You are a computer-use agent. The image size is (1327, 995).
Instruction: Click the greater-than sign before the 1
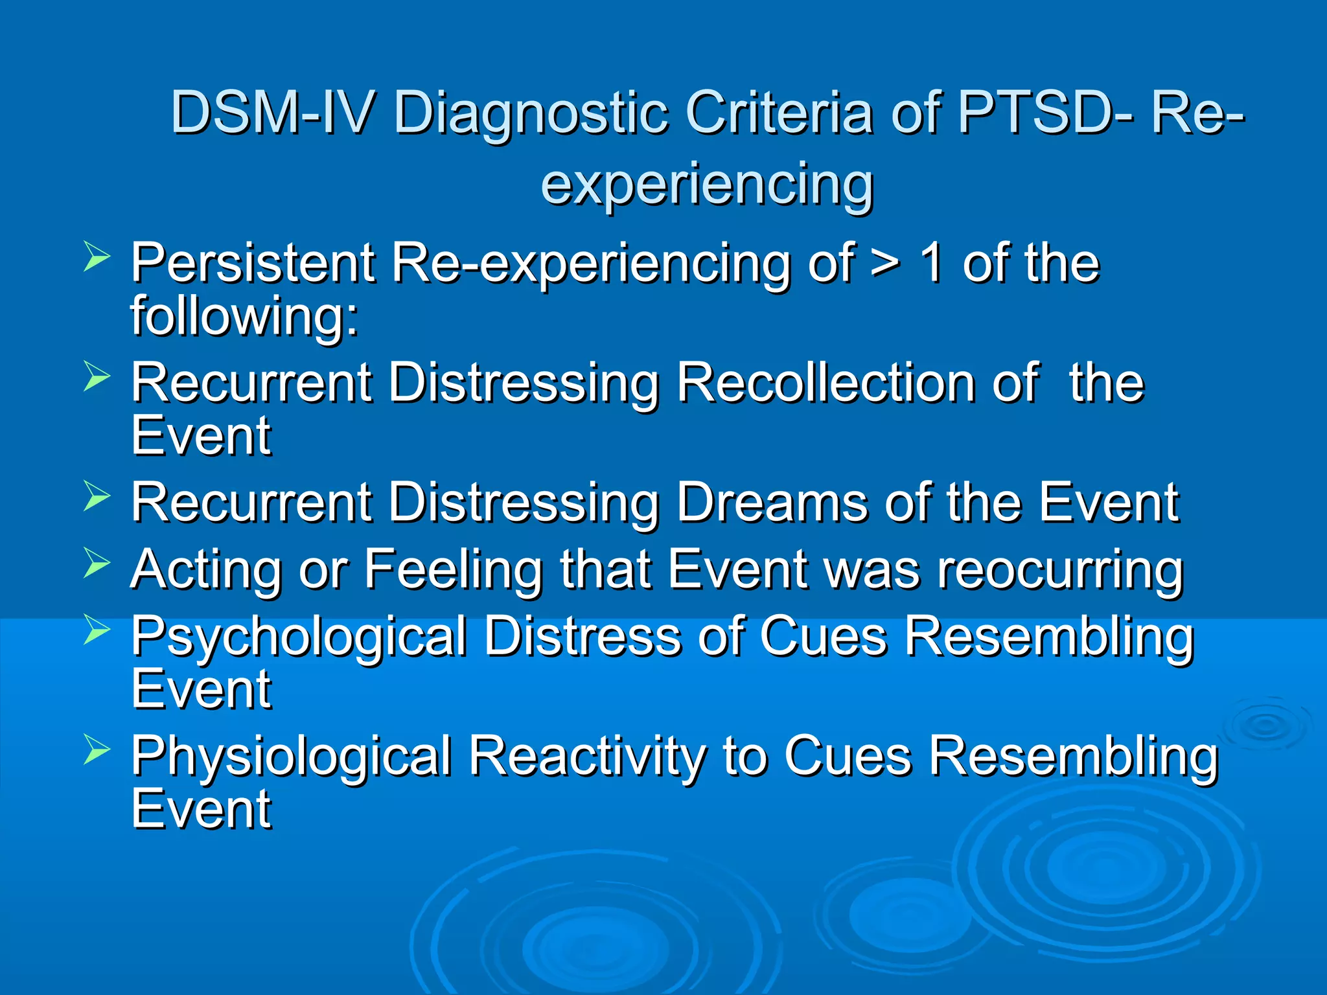tap(884, 264)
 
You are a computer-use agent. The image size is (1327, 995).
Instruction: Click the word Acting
tap(206, 570)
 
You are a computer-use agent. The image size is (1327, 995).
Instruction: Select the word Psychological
tap(299, 637)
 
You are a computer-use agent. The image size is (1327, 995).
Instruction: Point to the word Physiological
tap(291, 757)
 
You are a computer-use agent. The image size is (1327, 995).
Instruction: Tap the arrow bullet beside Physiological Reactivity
tap(97, 751)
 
